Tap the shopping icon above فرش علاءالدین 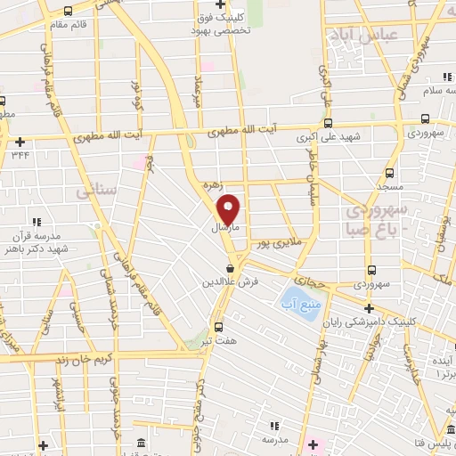tap(230, 267)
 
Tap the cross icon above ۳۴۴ tap(20, 141)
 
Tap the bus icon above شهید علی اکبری tap(327, 124)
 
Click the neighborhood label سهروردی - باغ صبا tap(375, 219)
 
